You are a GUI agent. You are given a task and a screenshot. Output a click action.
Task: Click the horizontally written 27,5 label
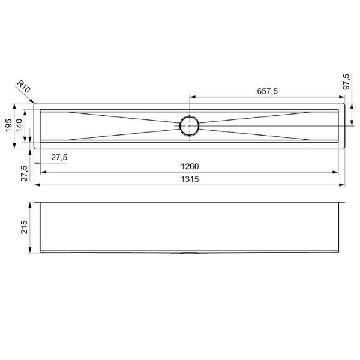59,157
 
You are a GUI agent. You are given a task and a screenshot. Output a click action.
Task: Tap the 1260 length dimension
190,166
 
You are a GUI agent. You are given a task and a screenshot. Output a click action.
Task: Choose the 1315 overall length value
190,179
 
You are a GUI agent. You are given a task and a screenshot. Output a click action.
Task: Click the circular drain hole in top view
189,125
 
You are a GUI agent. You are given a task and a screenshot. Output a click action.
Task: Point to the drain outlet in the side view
189,253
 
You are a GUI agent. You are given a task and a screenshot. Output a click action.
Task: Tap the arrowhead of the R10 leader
35,103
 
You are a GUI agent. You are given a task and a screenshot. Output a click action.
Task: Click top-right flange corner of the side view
346,201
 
